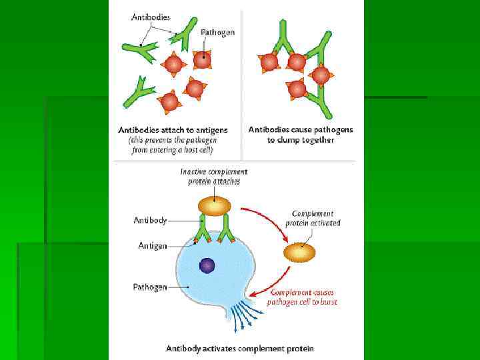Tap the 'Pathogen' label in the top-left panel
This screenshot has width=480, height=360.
pos(217,32)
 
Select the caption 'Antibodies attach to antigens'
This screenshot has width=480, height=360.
pos(173,129)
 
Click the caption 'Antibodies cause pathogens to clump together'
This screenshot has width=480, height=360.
pos(301,135)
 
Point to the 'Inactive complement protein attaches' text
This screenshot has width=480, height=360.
pos(214,176)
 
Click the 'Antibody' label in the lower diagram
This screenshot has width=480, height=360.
pos(150,219)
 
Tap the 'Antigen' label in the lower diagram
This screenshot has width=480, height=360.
pos(153,246)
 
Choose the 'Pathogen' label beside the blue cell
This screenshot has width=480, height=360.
pos(149,287)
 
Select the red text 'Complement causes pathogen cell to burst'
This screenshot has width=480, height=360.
pos(302,297)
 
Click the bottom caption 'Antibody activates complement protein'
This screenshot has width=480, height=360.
pos(240,348)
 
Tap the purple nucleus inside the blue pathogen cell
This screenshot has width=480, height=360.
pos(207,266)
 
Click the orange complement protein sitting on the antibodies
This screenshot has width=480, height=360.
pos(214,205)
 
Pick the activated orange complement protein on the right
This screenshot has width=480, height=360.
pos(299,252)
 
